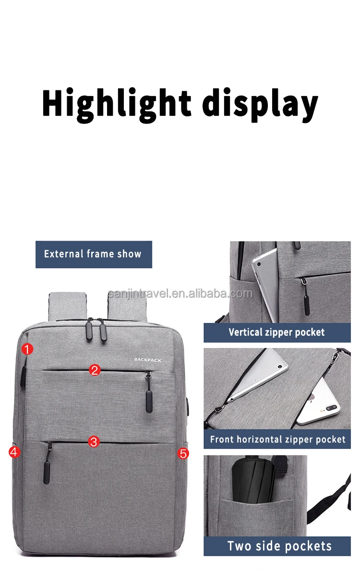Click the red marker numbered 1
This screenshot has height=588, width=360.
point(27,349)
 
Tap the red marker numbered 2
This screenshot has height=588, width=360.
point(95,369)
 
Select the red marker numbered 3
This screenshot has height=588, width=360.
point(94,441)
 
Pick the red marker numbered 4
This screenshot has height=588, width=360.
point(14,452)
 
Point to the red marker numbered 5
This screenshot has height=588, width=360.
point(183,453)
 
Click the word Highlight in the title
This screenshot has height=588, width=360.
point(117,103)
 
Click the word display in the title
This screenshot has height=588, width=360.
point(260,103)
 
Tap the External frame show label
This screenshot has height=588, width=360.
point(94,254)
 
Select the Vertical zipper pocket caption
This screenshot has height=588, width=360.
point(277,332)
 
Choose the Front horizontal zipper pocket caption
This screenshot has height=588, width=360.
point(277,440)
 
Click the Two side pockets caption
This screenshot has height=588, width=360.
point(279,546)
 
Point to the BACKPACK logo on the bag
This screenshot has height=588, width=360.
point(148,359)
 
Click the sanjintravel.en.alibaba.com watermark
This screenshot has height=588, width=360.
point(180,293)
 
